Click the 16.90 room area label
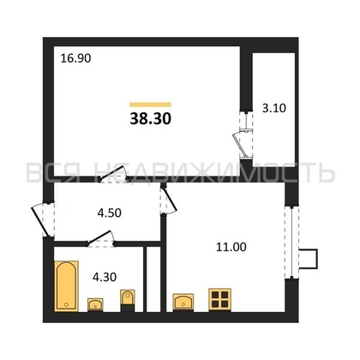(75, 58)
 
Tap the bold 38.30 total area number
(151, 118)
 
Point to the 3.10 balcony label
(274, 108)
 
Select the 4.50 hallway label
(110, 213)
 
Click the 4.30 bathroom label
(105, 277)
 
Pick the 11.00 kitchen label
(231, 247)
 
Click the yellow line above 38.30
(150, 105)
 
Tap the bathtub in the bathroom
(66, 286)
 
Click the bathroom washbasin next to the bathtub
(95, 304)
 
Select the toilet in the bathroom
(128, 301)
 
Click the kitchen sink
(183, 303)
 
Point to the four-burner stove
(219, 300)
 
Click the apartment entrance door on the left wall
(43, 221)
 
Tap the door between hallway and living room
(113, 174)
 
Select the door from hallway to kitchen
(168, 200)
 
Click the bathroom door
(101, 239)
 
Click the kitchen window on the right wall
(291, 243)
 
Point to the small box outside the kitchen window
(309, 259)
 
